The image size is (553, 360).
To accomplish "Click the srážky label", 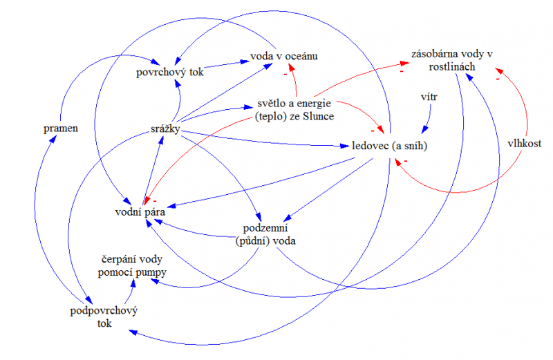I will coord(166,129).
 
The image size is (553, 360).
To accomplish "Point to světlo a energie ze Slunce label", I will coord(296,111).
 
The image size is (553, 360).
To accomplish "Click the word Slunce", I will coord(317,117).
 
